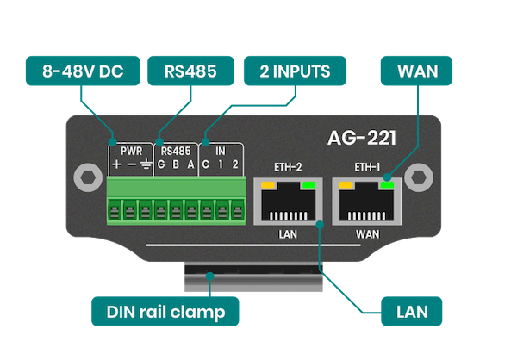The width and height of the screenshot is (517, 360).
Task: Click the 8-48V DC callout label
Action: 78,71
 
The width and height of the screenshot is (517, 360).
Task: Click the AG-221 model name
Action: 361,137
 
